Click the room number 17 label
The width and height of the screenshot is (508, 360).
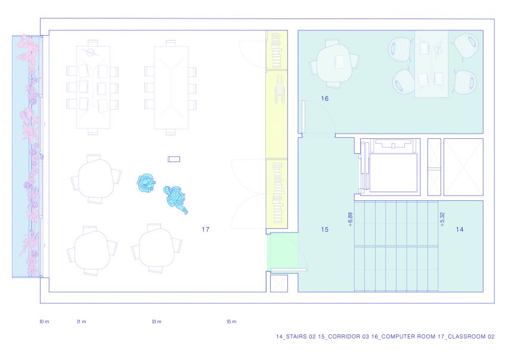point(205,229)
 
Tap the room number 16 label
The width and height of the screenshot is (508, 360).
point(324,98)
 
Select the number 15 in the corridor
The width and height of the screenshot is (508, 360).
point(324,229)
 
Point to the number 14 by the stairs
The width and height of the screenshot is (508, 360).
point(459,229)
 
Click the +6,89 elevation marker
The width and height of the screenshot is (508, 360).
point(350,219)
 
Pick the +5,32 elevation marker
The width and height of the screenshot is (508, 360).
point(442,219)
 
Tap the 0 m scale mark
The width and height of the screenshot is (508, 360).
point(44,321)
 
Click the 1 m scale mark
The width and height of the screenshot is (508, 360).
point(82,321)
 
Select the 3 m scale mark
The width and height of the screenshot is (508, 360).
point(157,321)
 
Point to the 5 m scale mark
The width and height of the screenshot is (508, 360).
point(232,321)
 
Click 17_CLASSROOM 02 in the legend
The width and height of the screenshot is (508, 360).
point(466,336)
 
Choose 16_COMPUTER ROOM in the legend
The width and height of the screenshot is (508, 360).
point(403,336)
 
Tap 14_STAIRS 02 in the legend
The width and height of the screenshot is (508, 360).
point(296,336)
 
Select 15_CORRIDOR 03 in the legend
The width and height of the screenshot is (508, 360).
point(344,336)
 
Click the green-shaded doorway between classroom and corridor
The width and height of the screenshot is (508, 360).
point(282,252)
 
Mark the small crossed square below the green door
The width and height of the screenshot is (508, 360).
point(279,283)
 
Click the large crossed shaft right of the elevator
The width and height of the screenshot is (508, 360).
point(463,167)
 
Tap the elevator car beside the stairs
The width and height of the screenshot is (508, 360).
point(393,173)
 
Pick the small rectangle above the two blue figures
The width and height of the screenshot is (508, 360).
point(174,159)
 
